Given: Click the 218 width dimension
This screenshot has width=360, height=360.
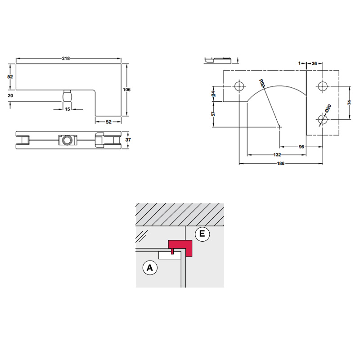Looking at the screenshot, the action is click(66, 58).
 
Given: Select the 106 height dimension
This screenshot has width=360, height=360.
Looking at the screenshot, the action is click(126, 90).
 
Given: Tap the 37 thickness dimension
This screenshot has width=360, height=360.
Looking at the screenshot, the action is click(128, 139).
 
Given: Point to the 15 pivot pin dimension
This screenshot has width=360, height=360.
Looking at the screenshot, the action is click(67, 109).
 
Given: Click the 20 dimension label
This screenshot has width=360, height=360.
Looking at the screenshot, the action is click(10, 95).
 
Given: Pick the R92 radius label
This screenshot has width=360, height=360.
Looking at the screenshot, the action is click(262, 84).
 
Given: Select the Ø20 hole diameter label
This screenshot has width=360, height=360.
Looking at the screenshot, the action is click(328, 108).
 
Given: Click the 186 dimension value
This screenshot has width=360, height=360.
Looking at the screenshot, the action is click(280, 163).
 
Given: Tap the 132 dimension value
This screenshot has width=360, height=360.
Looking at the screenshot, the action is click(277, 155).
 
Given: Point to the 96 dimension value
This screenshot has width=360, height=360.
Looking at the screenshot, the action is click(301, 147).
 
